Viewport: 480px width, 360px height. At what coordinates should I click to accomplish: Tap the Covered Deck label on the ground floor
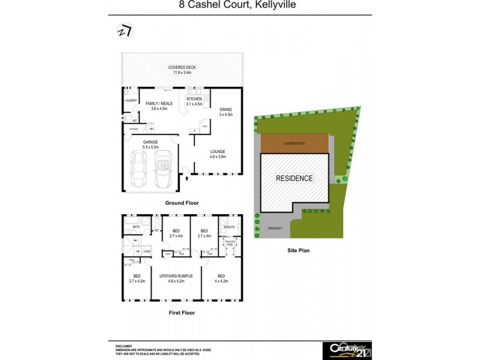coord(182,70)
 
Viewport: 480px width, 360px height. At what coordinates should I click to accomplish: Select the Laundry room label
coord(131,100)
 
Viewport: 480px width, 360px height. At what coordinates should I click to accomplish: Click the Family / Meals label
coord(159,106)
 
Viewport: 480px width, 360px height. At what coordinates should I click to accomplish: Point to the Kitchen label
coord(194,101)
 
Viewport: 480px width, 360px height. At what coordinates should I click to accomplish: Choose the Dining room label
coord(226,112)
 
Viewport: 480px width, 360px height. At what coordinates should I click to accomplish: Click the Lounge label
coord(217,154)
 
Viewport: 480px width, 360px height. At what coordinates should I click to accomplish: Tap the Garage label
coord(151,143)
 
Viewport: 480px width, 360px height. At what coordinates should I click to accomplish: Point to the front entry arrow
coord(187,178)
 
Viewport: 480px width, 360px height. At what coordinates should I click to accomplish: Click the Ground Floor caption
coord(182,203)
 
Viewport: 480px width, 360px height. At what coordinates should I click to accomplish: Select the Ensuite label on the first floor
coord(229,227)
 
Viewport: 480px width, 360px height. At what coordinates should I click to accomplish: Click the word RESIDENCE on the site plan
coord(294,178)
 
